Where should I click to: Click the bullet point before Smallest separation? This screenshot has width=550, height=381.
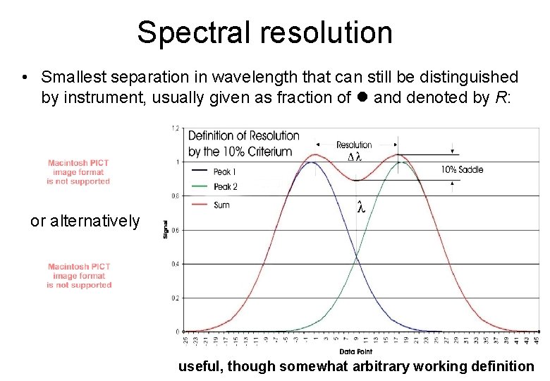click(x=25, y=77)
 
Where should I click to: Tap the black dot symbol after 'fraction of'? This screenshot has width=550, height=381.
click(x=363, y=97)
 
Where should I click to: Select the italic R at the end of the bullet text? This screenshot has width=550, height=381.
click(x=499, y=97)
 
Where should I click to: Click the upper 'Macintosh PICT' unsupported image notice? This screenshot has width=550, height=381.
click(x=79, y=172)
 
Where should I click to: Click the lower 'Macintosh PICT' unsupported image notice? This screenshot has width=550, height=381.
click(x=79, y=276)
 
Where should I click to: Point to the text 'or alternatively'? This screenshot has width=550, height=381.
click(x=85, y=221)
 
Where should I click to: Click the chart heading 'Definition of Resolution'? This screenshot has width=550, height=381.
click(x=243, y=135)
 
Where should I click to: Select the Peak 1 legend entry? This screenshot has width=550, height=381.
click(x=224, y=171)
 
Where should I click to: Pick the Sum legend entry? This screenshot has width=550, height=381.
click(x=221, y=205)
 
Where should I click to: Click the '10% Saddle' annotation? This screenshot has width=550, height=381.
click(x=462, y=169)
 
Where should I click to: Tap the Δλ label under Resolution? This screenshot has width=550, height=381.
click(x=355, y=157)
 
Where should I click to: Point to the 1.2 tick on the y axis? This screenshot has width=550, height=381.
click(x=174, y=128)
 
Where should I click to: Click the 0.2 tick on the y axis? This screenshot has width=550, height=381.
click(x=174, y=298)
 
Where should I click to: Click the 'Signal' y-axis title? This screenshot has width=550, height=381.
click(x=166, y=230)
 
